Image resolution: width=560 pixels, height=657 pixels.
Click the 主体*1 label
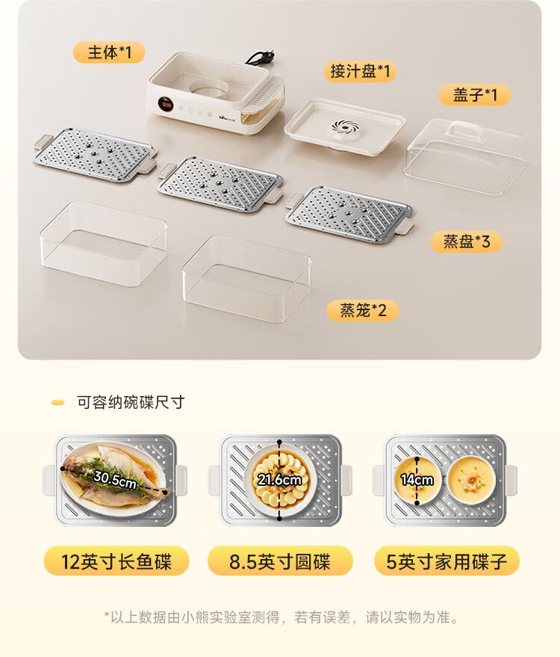[x=109, y=53]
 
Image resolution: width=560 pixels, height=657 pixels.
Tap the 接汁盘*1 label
[x=360, y=71]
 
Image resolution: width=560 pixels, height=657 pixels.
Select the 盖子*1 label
[x=475, y=95]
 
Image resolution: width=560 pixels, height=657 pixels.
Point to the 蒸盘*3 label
[x=466, y=241]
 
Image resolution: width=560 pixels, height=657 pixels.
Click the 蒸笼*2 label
[x=363, y=310]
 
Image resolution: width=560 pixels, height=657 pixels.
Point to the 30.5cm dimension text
[x=115, y=479]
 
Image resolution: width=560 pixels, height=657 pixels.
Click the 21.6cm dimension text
[x=279, y=479]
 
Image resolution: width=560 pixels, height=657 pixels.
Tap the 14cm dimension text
[x=417, y=479]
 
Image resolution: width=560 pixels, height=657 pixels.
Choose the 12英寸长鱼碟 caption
[x=116, y=561]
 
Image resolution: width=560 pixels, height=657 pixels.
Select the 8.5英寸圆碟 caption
[x=280, y=561]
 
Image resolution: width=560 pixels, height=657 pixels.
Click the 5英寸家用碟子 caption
[x=447, y=561]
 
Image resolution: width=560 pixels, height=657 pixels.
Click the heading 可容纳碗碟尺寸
[x=131, y=402]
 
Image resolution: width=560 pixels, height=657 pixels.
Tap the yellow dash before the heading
[x=57, y=403]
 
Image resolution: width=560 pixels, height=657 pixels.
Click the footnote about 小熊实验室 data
[x=282, y=617]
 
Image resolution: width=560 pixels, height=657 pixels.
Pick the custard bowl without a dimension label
[x=472, y=480]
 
